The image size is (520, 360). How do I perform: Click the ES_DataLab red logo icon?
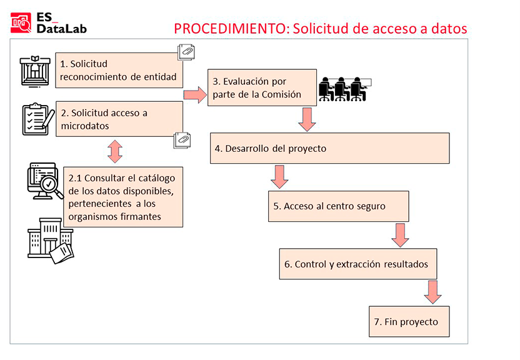(x=21, y=23)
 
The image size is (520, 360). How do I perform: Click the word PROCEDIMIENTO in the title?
(x=229, y=29)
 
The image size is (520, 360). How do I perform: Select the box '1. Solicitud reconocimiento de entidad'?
(x=119, y=70)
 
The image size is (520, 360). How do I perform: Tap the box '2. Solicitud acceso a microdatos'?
(x=119, y=119)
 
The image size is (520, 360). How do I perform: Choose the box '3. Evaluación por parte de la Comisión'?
(x=262, y=87)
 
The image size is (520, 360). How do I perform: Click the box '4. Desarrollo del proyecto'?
(x=329, y=148)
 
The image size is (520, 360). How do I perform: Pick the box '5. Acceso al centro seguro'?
(x=339, y=206)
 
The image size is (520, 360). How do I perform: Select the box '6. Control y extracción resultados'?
(x=358, y=264)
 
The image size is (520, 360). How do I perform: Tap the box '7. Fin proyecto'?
(x=409, y=321)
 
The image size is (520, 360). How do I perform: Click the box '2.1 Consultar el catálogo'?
(x=123, y=197)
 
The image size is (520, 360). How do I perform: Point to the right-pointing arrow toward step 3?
(x=196, y=95)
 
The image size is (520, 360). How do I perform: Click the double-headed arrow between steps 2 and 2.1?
(x=115, y=151)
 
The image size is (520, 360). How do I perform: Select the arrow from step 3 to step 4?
(x=307, y=119)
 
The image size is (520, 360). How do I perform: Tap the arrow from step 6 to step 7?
(x=432, y=292)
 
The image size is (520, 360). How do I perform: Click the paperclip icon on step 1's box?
(x=186, y=52)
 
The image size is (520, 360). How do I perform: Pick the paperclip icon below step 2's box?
(x=182, y=140)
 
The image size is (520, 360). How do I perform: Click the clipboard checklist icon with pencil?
(x=38, y=119)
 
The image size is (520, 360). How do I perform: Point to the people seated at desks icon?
(x=345, y=89)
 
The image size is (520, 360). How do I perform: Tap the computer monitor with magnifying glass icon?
(x=45, y=181)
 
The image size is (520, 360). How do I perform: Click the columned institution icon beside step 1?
(x=35, y=71)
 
